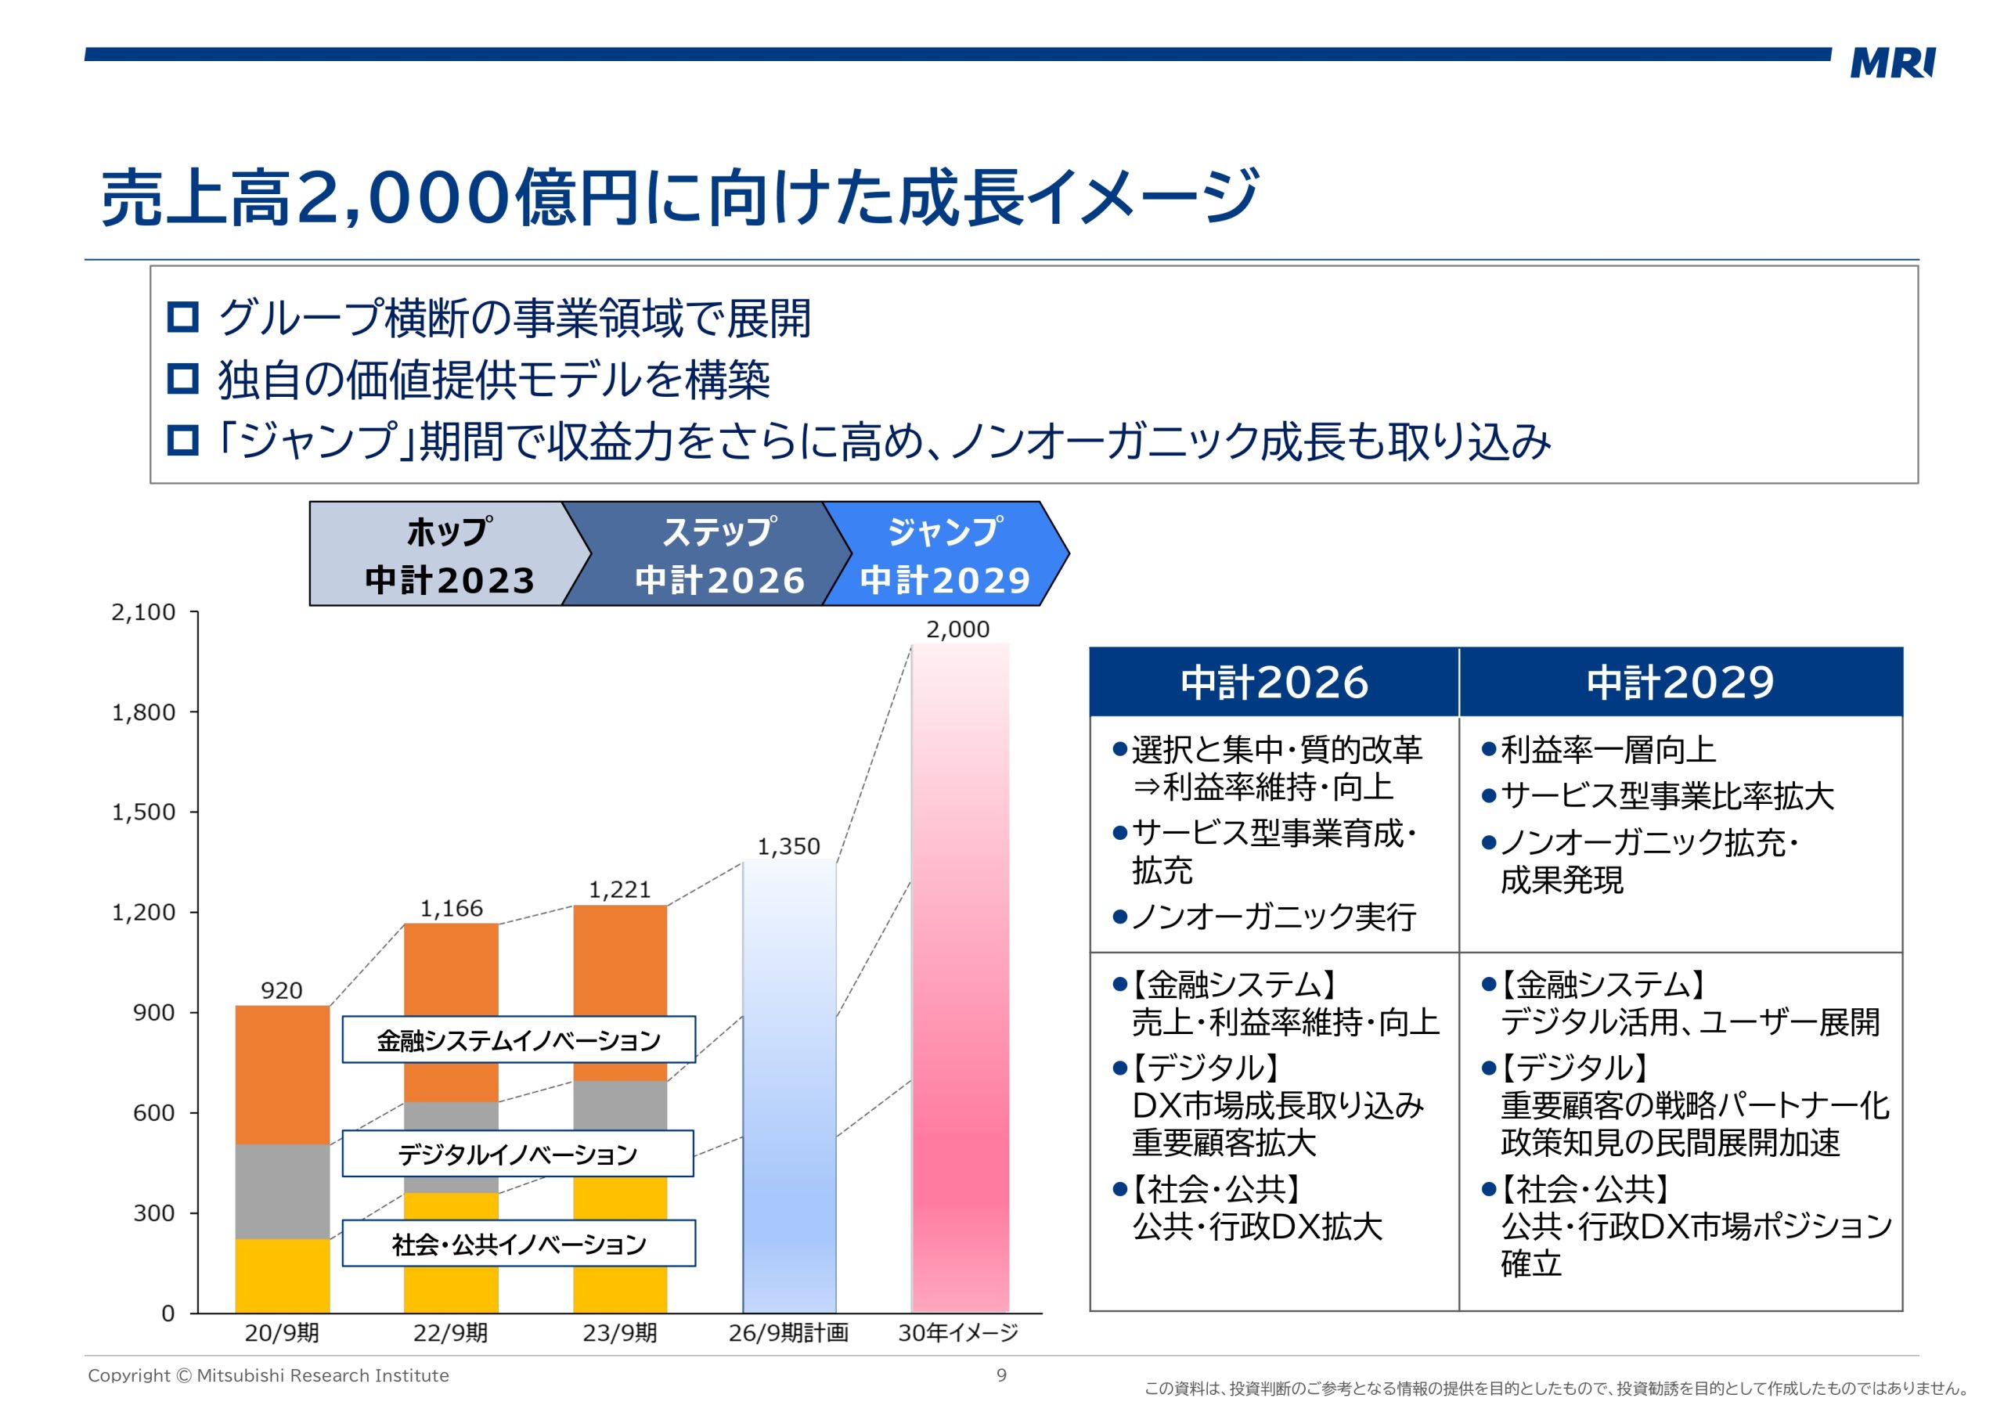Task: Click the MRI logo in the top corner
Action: pos(1891,63)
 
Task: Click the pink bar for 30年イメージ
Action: pos(960,978)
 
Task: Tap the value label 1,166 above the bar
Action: pos(451,909)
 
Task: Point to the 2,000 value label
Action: pos(957,629)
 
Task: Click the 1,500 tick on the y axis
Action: pos(143,812)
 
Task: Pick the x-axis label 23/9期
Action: pos(620,1333)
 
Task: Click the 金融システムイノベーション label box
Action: pos(518,1039)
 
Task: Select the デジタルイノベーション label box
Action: pos(517,1154)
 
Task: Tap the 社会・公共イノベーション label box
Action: pos(518,1243)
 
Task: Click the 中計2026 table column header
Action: pos(1274,683)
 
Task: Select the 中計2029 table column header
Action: pos(1680,683)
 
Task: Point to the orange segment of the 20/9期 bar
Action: pos(283,1075)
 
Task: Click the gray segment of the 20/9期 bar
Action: pos(283,1191)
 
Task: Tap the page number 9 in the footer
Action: pos(1002,1375)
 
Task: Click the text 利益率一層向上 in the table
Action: pos(1607,750)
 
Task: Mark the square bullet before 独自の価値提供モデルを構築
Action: pos(182,379)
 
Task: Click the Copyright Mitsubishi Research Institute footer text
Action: pos(268,1376)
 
